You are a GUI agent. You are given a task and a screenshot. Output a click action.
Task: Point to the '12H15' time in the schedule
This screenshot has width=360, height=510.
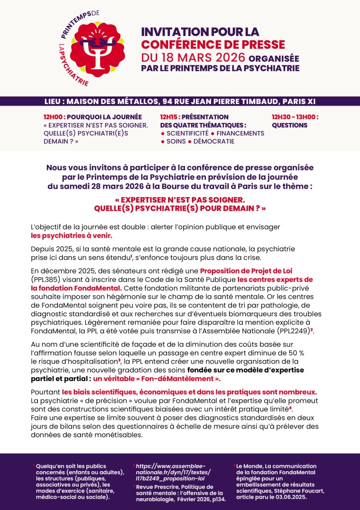(170, 117)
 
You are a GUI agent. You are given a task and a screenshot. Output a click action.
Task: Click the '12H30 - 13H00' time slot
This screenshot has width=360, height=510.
(295, 117)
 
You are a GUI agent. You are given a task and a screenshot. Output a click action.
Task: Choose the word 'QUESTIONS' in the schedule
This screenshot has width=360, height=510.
(290, 126)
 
